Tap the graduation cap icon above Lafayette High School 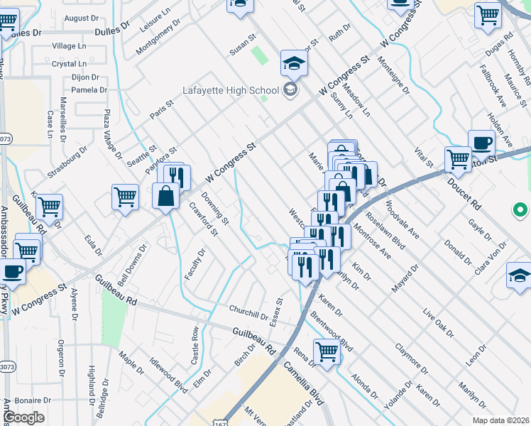[x=293, y=64]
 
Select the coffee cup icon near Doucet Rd [x=481, y=142]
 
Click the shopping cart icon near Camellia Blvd [x=327, y=350]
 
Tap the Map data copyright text [x=500, y=420]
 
